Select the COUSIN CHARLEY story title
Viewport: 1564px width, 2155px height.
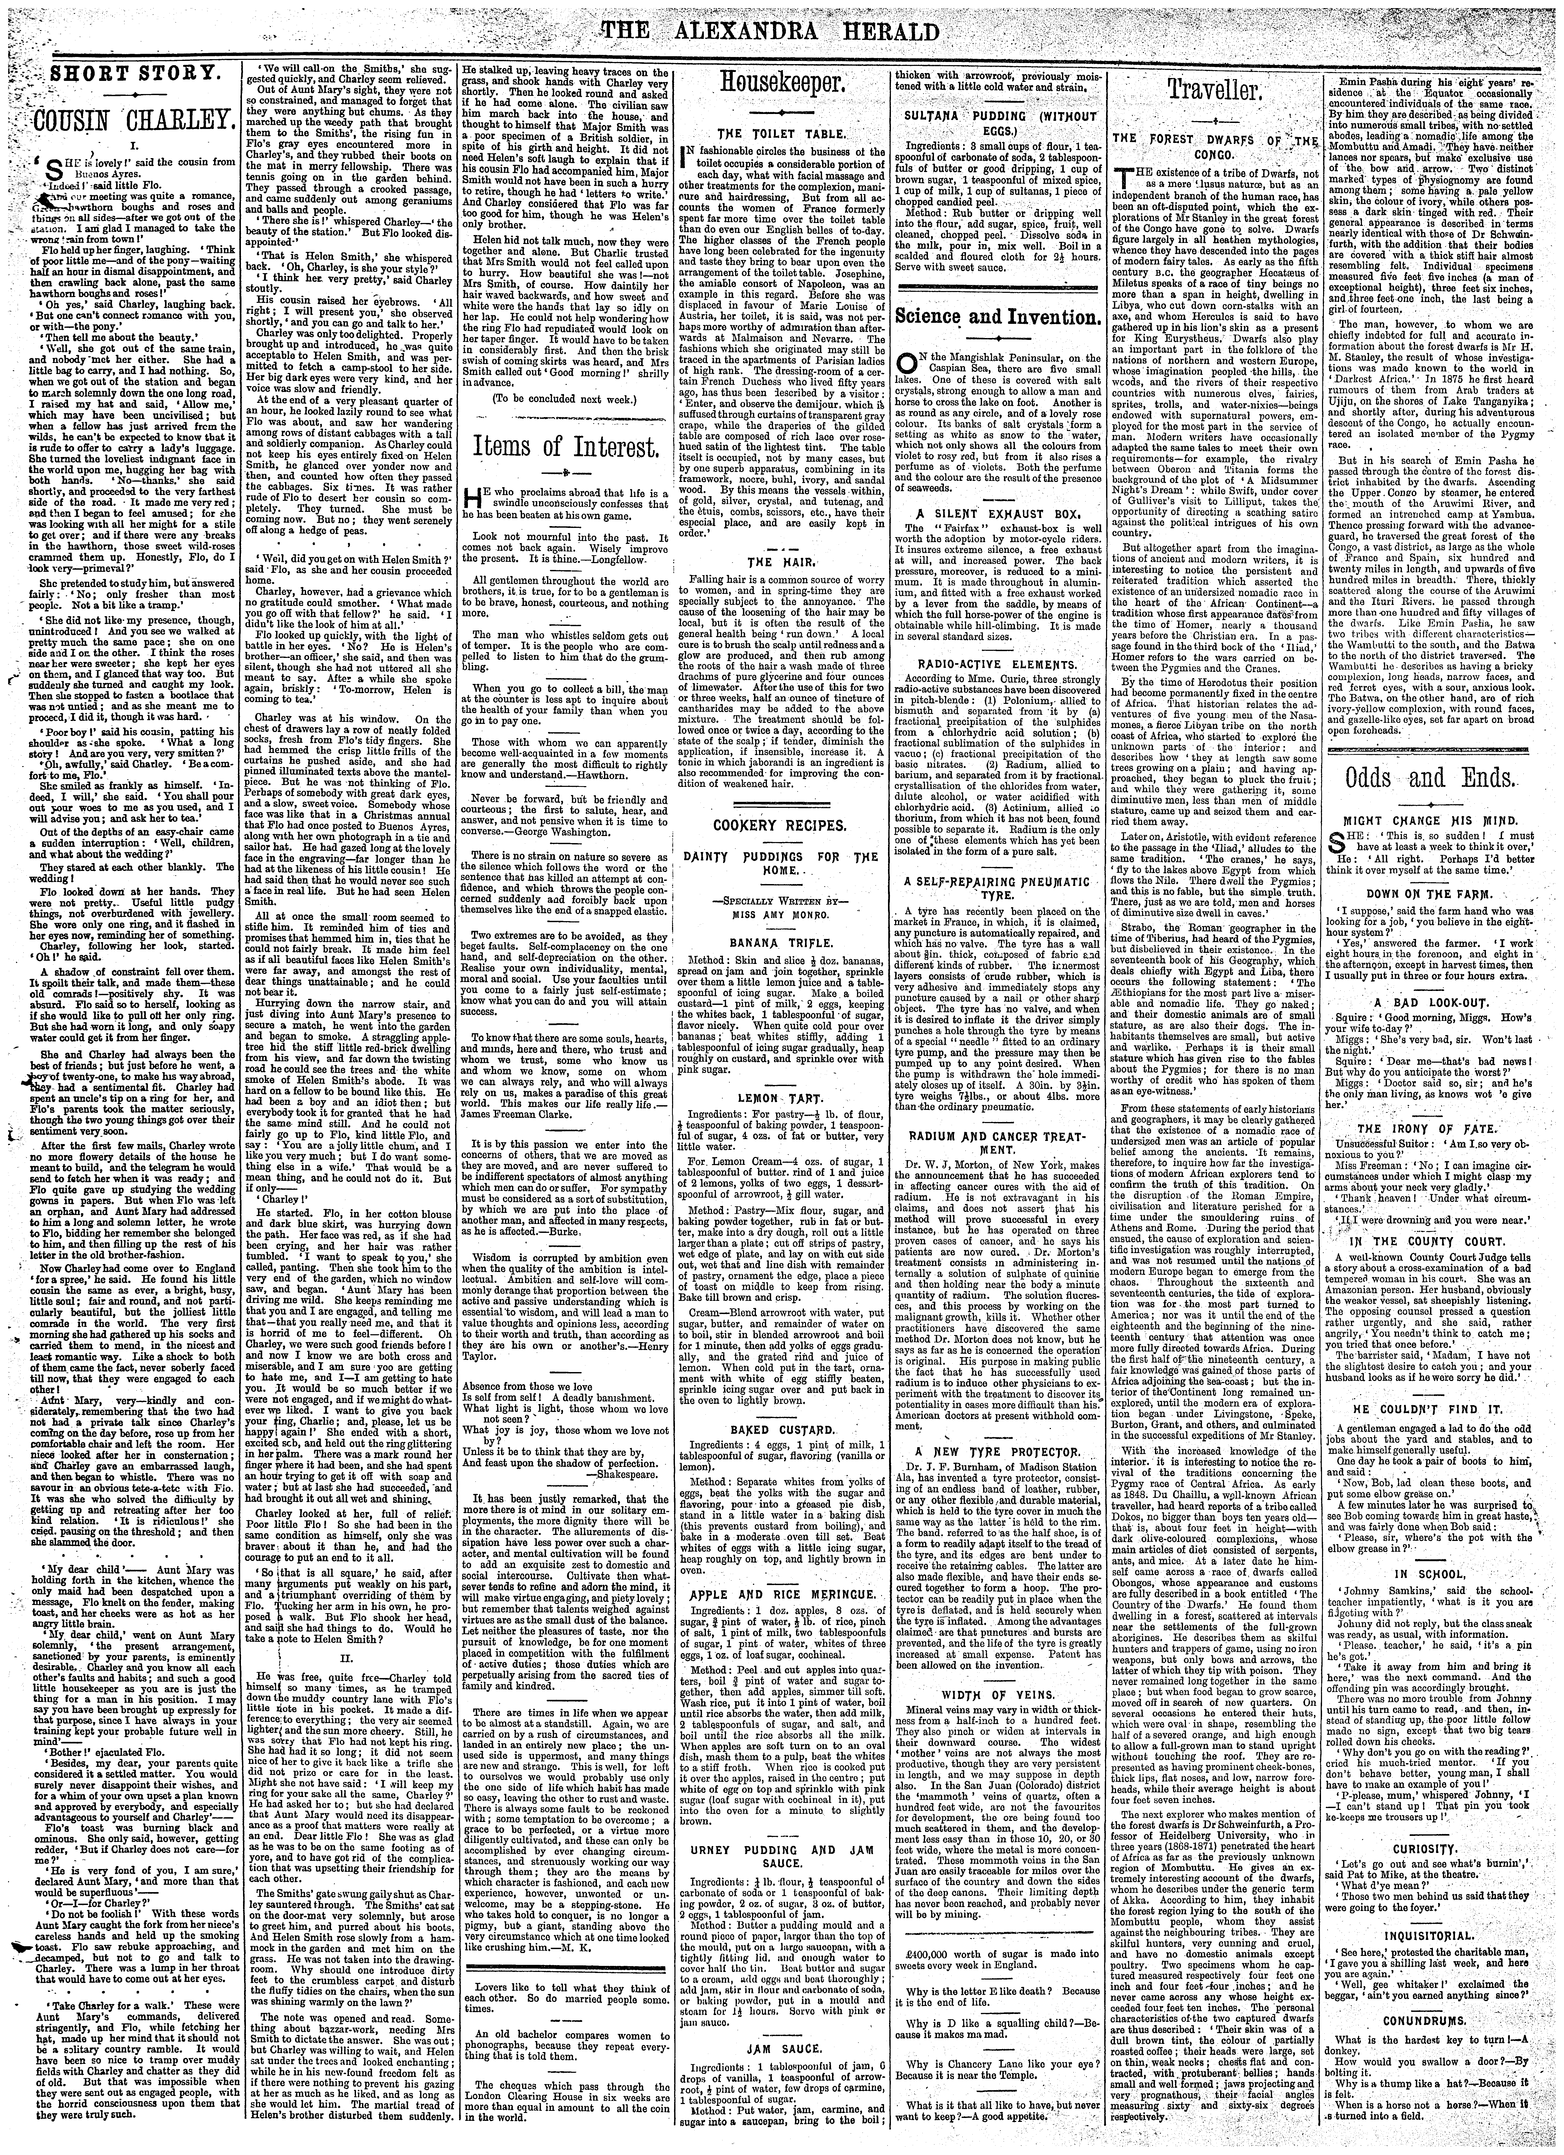(x=133, y=121)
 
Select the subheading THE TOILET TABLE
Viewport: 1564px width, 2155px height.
(x=777, y=135)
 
